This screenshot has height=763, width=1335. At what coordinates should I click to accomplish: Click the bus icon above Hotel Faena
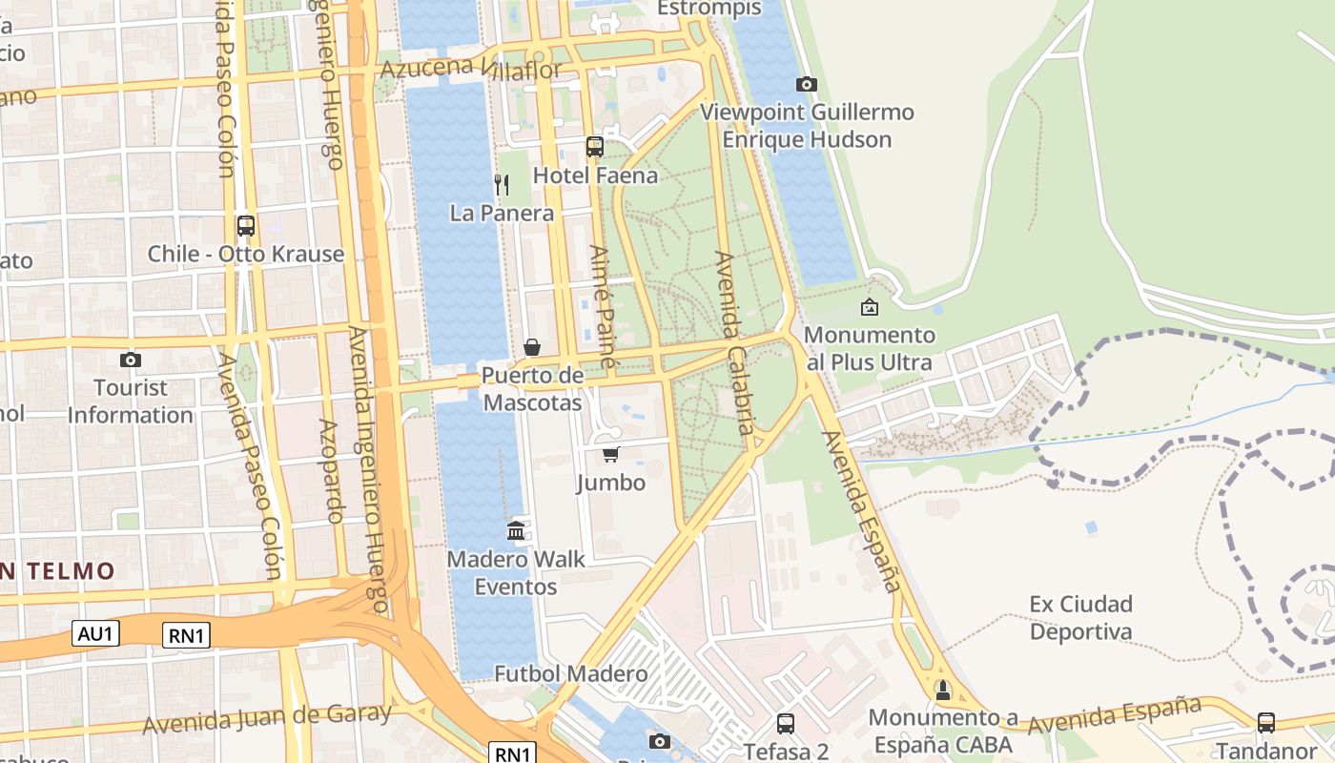pos(595,146)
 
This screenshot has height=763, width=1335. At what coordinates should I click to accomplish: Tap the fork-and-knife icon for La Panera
pos(502,184)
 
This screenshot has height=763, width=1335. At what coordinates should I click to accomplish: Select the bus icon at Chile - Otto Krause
pos(246,226)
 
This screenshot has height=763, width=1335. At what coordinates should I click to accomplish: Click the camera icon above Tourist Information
pos(131,360)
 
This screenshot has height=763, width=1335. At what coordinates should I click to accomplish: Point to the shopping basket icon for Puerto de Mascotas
pos(532,347)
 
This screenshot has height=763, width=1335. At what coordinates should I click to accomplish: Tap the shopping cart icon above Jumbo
pos(610,454)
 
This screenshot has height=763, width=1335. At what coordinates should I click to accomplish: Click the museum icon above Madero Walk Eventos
pos(516,530)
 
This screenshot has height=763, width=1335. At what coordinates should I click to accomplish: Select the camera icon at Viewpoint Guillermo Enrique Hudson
pos(807,84)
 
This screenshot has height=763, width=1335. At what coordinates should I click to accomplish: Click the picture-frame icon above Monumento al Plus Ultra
pos(869,307)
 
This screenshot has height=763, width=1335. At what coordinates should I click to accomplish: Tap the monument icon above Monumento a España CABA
pos(943,689)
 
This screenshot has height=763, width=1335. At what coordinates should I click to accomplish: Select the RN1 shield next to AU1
pos(186,635)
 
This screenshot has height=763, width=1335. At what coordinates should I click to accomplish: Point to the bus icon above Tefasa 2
pos(786,723)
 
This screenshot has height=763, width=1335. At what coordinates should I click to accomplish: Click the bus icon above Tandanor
pos(1266,722)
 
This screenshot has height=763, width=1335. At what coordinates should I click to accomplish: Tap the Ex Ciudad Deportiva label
pos(1080,618)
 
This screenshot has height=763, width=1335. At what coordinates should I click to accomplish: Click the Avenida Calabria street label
pos(734,343)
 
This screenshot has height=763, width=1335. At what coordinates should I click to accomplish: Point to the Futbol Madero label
pos(570,674)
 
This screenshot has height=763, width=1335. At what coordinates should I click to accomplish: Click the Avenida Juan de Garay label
pos(267,718)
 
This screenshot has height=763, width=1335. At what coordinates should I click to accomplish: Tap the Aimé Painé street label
pos(604,307)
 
